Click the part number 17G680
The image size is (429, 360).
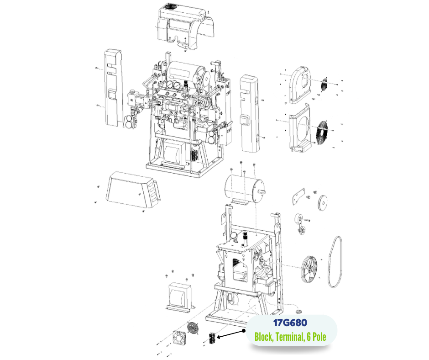290,323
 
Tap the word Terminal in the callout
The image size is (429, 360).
289,336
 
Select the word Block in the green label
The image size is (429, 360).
263,336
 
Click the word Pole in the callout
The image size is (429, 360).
319,336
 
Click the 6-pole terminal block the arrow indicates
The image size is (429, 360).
212,339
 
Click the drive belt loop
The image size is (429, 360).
329,262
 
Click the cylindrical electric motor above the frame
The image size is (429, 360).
244,190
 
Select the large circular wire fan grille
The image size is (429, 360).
322,131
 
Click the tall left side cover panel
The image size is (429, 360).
113,88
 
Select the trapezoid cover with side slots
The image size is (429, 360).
132,190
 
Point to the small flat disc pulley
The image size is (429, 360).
323,203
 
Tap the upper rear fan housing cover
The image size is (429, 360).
301,85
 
